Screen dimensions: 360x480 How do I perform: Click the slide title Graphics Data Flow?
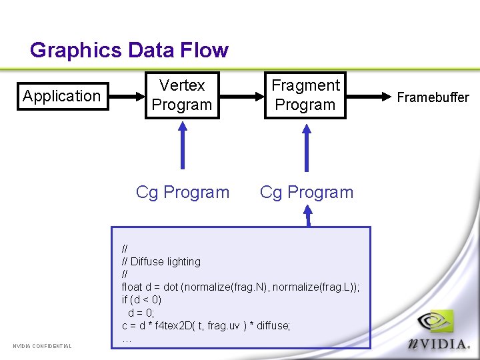[x=129, y=50]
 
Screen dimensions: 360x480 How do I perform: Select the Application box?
[x=61, y=96]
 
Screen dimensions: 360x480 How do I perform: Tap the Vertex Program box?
[x=182, y=95]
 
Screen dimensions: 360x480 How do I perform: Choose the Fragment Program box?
[x=305, y=95]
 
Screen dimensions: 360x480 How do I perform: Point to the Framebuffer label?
[x=433, y=97]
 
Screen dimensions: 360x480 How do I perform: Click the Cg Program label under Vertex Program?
[x=182, y=192]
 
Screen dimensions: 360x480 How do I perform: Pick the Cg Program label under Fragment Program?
[x=306, y=192]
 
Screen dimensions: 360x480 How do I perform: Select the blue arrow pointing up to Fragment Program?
[x=306, y=148]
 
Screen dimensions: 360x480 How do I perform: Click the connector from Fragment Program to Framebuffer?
[x=369, y=96]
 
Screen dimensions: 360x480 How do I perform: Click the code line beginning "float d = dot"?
[x=240, y=287]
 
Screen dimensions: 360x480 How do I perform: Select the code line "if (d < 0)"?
[x=141, y=299]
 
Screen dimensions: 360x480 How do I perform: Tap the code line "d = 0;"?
[x=141, y=312]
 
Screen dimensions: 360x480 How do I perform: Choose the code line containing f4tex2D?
[x=206, y=325]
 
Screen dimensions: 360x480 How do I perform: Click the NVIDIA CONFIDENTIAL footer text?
[x=42, y=345]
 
